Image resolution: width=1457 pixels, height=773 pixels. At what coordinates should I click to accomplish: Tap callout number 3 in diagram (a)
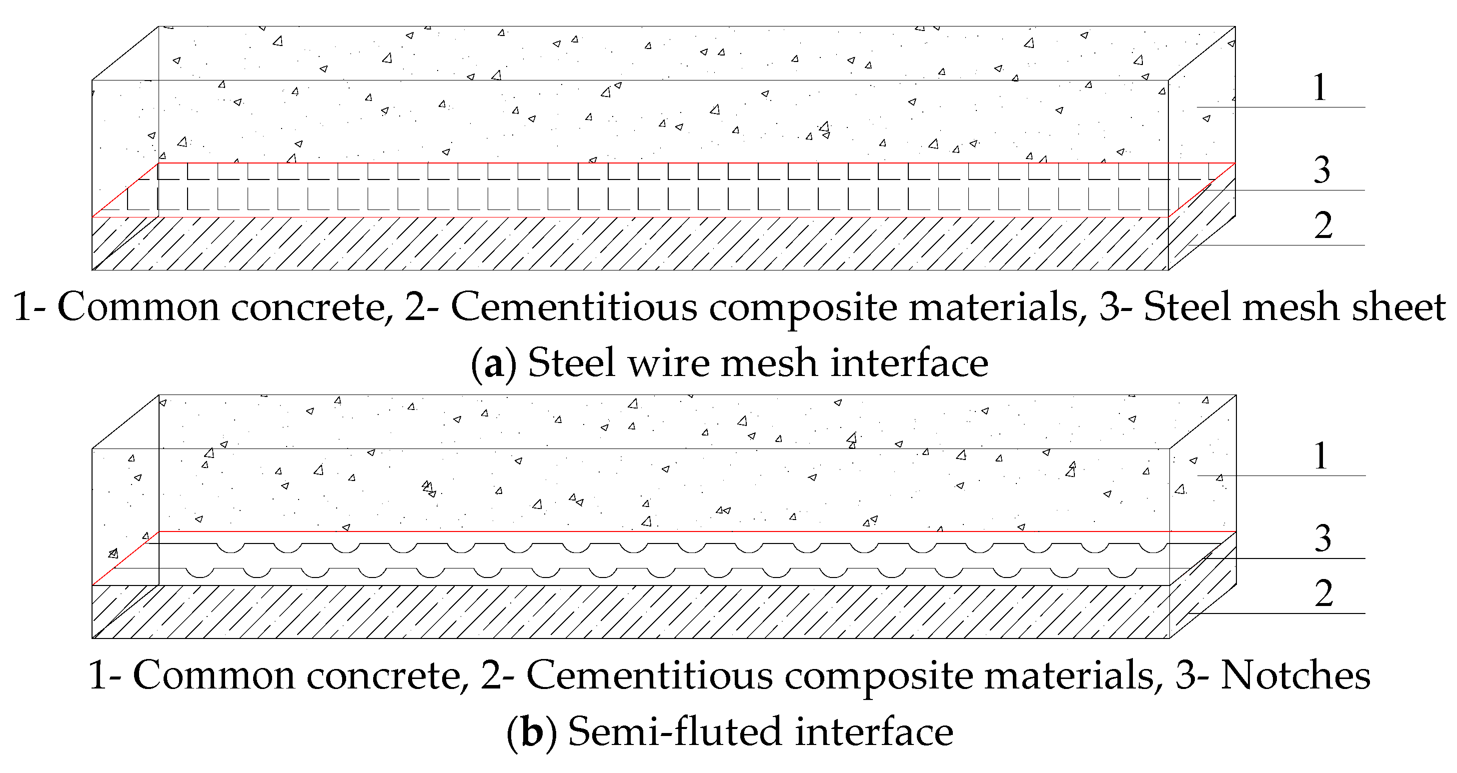1322,170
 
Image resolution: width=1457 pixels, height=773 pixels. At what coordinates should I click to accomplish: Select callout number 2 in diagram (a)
1323,225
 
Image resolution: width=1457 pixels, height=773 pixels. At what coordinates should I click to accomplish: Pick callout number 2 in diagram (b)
1323,593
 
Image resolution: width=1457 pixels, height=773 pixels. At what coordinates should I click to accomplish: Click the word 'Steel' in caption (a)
571,362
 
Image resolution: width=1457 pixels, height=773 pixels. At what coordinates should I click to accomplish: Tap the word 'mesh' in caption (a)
769,362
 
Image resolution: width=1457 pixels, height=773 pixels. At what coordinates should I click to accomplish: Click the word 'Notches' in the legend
1295,675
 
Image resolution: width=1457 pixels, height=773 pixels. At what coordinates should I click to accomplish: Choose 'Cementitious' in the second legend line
649,675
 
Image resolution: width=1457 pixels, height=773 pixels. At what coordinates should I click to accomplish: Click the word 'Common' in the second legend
214,675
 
